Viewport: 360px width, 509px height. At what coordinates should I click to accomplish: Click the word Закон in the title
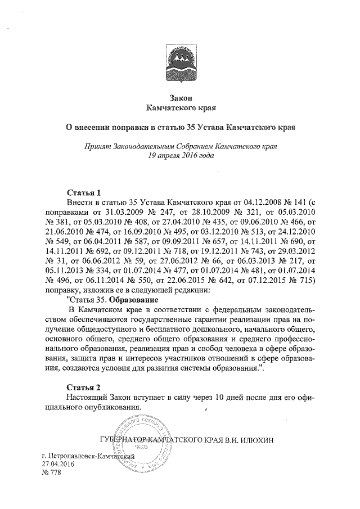click(180, 97)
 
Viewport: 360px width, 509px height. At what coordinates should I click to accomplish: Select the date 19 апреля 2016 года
click(180, 155)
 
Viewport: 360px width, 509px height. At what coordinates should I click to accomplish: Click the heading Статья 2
click(83, 388)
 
